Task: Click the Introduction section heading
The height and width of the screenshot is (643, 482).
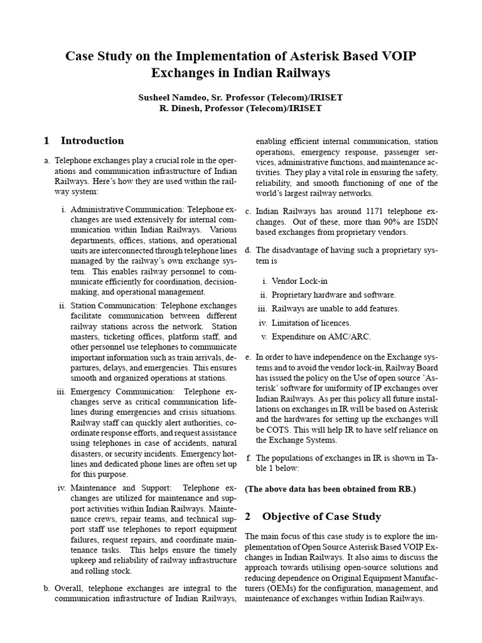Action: pyautogui.click(x=92, y=141)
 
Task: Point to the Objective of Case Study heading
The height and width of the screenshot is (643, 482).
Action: pyautogui.click(x=321, y=516)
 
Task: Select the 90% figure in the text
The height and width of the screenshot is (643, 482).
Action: pyautogui.click(x=353, y=222)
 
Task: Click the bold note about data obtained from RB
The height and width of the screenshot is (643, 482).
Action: pyautogui.click(x=330, y=489)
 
